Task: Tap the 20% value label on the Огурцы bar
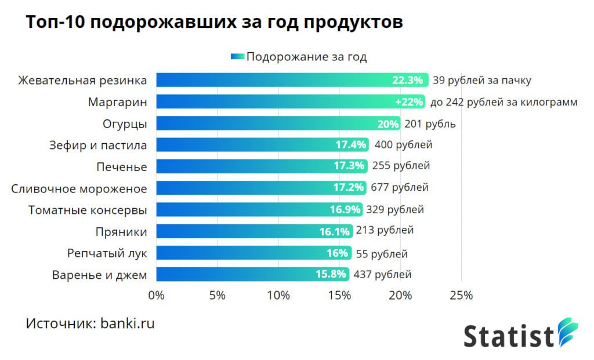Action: click(388, 123)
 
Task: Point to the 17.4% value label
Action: click(350, 145)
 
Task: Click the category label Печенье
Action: click(121, 167)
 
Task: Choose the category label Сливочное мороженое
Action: click(79, 188)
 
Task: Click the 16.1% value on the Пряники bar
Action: click(334, 232)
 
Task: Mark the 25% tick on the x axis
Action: click(461, 295)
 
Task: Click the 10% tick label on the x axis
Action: click(278, 295)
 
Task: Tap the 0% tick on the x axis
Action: click(157, 295)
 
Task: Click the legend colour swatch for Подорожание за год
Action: click(237, 57)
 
